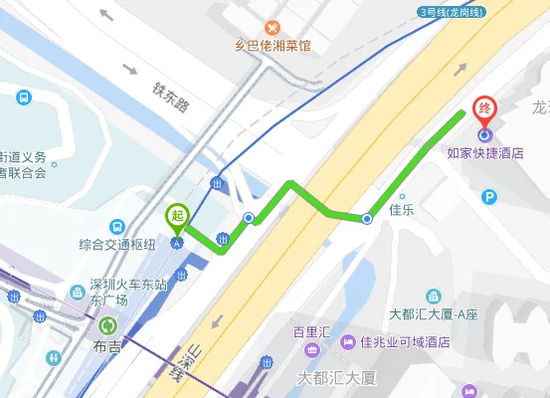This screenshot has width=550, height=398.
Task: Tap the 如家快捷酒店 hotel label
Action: tap(484, 154)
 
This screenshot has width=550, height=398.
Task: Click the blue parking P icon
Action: tap(488, 197)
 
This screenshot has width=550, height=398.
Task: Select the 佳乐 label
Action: tap(401, 210)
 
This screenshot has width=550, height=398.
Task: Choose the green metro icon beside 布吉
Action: tap(107, 324)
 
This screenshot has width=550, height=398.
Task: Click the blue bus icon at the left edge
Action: tap(22, 98)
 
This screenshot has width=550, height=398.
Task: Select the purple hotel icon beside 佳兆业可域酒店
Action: tap(348, 343)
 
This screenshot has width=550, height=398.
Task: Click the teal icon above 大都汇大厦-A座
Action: tap(433, 297)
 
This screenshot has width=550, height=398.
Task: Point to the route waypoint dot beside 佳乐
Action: tap(367, 218)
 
